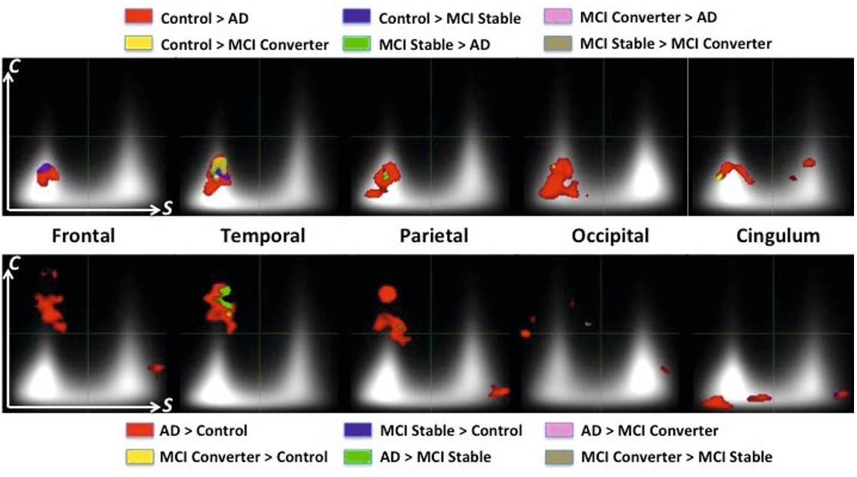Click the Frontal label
pos(82,236)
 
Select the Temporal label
pos(263,236)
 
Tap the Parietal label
pos(434,236)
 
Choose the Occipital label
pos(609,236)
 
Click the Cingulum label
pos(778,236)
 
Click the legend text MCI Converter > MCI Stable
pos(676,456)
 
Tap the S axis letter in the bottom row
pos(168,405)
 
